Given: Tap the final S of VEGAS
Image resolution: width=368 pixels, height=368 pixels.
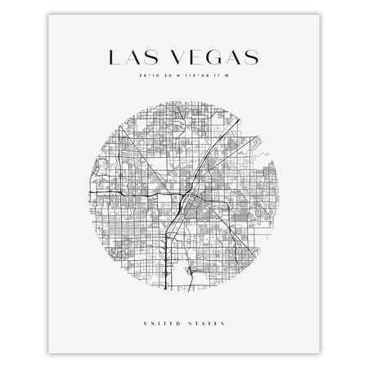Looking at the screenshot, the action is (250, 57).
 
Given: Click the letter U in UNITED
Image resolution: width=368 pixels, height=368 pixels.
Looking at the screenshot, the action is (145, 325).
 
